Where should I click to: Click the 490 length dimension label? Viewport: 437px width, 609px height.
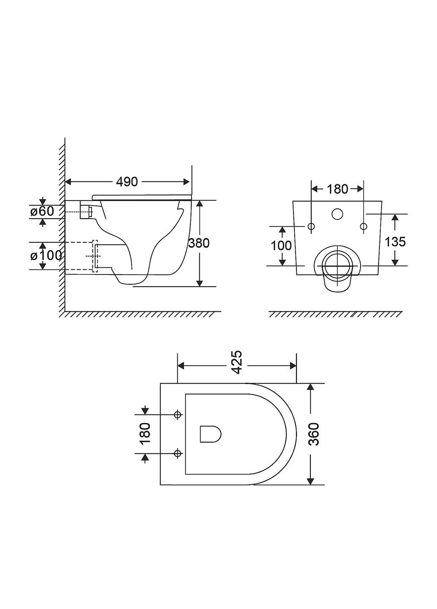(127, 181)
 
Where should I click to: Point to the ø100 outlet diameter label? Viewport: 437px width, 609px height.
(46, 255)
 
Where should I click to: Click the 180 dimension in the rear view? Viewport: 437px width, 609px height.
(337, 189)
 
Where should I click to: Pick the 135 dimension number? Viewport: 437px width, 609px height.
(395, 241)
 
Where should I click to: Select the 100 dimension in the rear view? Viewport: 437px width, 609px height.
(281, 245)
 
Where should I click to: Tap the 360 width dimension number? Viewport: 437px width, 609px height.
(313, 434)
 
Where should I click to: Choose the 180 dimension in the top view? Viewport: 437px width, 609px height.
(145, 433)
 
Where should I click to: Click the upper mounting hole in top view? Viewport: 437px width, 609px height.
(178, 414)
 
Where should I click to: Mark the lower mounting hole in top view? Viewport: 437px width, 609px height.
(178, 454)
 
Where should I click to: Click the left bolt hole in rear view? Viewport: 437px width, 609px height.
(311, 227)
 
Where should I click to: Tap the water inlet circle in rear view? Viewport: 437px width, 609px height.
(337, 214)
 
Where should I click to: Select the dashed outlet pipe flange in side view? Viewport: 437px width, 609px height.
(95, 256)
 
